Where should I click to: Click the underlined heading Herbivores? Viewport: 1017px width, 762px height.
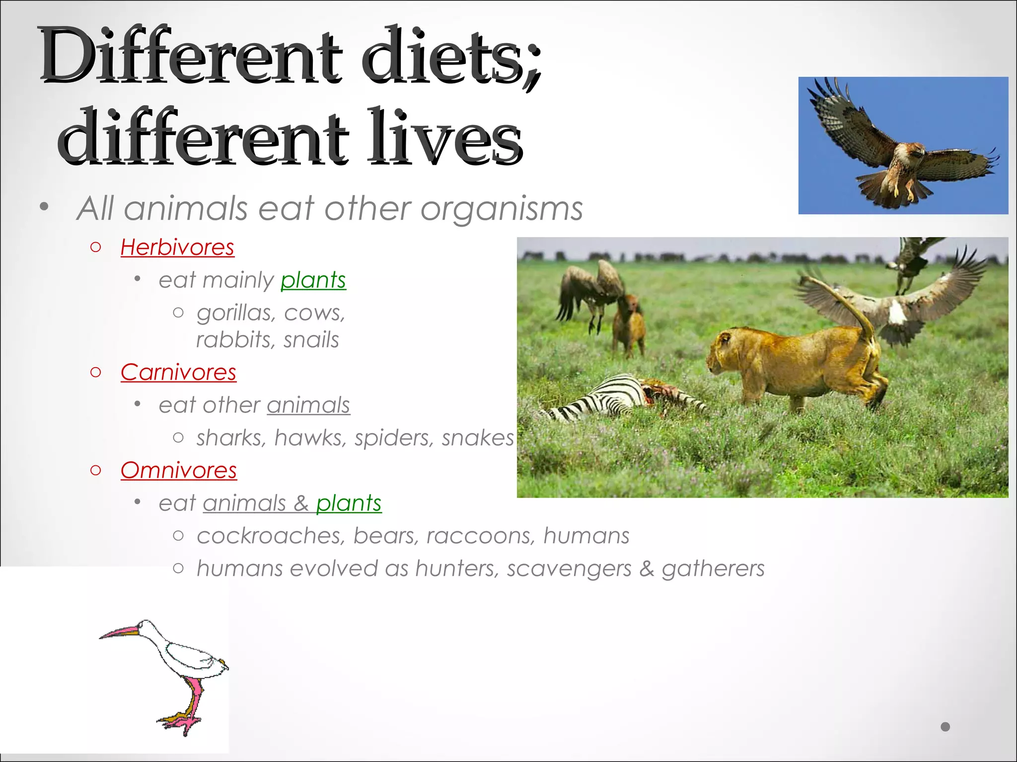point(177,247)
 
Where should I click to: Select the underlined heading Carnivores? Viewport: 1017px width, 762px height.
point(178,372)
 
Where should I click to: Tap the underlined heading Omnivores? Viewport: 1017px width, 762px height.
point(178,470)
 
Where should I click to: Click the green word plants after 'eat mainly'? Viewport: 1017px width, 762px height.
point(313,280)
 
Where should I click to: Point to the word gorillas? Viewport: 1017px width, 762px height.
point(235,313)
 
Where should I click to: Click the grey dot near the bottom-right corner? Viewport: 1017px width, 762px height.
point(945,727)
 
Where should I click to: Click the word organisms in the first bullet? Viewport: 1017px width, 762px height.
point(502,208)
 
